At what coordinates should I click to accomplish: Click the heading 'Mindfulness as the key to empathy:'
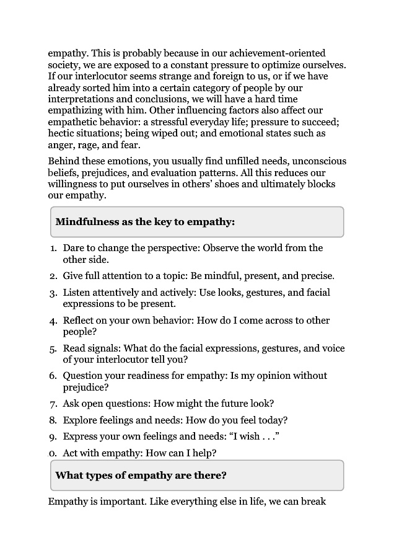145,221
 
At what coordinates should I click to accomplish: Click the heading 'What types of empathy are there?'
141,476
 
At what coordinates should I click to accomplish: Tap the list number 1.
54,248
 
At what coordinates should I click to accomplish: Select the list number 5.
54,348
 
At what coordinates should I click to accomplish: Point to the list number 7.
54,404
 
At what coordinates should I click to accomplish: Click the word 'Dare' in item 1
74,248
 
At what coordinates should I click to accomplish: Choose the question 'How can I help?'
181,453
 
